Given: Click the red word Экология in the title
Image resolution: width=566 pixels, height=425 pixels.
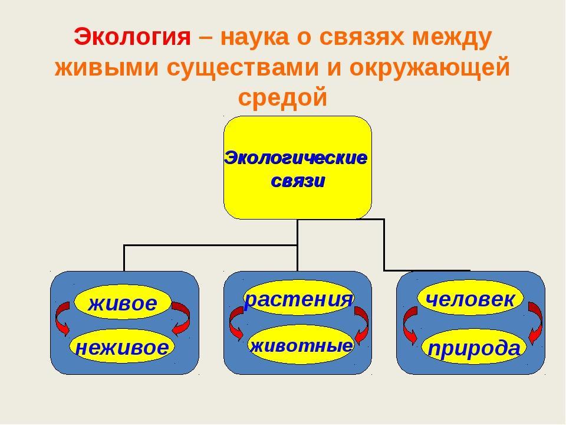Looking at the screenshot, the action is pos(132,37).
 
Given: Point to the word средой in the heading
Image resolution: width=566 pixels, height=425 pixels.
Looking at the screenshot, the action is pos(282,97).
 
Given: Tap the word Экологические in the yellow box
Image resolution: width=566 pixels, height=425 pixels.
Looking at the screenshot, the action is pos(295,158).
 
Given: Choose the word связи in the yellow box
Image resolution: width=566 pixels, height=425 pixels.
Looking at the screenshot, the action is pos(298,181).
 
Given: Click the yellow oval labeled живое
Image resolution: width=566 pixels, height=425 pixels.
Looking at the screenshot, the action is pos(123,302).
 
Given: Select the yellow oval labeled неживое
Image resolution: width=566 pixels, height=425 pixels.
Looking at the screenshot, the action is pos(122,346).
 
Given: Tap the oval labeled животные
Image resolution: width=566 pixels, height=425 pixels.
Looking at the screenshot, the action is pos(301,344).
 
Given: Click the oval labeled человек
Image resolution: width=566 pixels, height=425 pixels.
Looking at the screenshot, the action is pos(470,297).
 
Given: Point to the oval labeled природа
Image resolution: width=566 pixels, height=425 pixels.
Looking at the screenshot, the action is pos(473,347).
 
